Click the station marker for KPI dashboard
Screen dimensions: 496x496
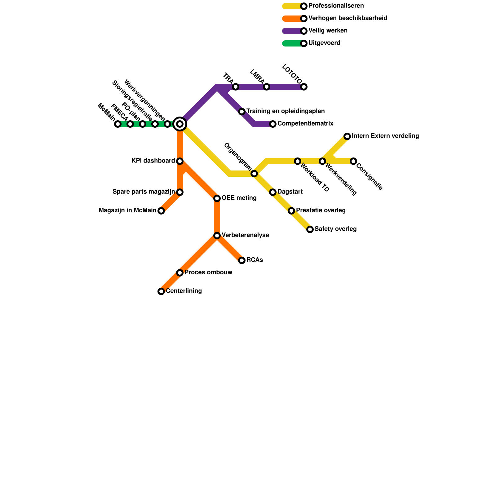click(180, 161)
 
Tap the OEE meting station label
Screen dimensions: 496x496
click(239, 198)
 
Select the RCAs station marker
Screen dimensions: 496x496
click(242, 260)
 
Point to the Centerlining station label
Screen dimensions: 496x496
click(184, 291)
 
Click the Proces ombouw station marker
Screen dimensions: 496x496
click(180, 273)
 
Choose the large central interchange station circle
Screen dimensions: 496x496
click(180, 124)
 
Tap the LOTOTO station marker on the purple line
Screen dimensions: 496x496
click(304, 87)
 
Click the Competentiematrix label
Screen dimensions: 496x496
click(305, 124)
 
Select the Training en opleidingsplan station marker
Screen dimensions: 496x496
click(242, 112)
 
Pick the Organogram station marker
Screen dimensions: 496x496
click(254, 174)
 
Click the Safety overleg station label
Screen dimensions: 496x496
click(335, 229)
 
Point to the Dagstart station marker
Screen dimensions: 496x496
click(273, 192)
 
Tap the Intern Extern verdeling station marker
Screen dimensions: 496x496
click(347, 136)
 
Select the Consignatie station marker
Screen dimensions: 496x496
click(353, 161)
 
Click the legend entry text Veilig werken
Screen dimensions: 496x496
click(328, 31)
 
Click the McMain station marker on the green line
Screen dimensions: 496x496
click(118, 124)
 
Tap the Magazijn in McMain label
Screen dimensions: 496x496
click(127, 210)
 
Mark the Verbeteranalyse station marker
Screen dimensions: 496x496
click(217, 236)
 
